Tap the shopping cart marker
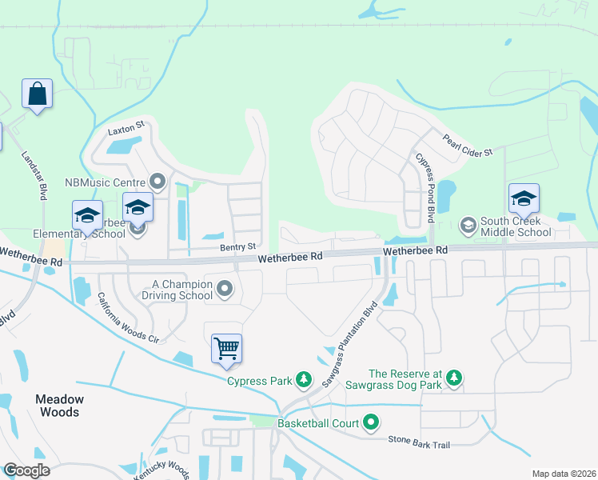click(227, 348)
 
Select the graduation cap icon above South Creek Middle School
click(524, 198)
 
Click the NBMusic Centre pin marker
click(157, 182)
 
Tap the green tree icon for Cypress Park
click(303, 379)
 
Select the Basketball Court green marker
click(370, 421)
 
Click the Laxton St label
click(126, 126)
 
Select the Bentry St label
click(237, 247)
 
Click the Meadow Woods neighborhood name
click(58, 406)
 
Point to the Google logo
click(26, 470)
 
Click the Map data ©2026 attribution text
click(563, 474)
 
